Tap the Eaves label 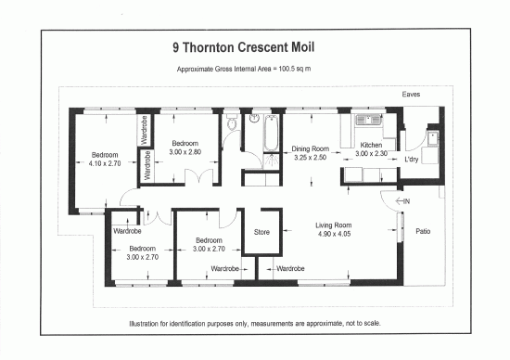413,95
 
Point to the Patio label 422,231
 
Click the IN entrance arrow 403,200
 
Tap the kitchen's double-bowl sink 360,120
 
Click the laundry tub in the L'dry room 431,139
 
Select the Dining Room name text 311,148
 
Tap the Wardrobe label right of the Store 292,268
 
